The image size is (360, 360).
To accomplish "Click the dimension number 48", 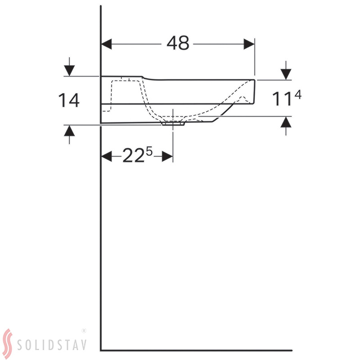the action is point(178,43).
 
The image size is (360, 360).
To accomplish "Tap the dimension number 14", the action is point(69,100).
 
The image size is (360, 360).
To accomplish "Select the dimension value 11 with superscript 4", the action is point(286,98).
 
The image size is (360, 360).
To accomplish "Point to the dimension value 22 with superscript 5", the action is point(137,155).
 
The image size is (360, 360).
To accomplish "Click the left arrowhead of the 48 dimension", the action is point(106,44).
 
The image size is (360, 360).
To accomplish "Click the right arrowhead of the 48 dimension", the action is point(249,44).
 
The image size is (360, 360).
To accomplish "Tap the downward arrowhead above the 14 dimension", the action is point(69,71).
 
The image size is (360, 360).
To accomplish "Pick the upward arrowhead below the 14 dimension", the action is point(69,131).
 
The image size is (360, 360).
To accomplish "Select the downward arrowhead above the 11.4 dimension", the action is point(286,74).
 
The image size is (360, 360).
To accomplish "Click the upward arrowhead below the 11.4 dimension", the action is point(286,122).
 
